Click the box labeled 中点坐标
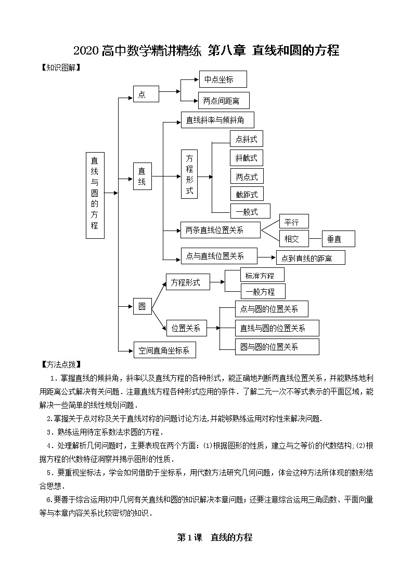point(223,79)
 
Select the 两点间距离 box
point(223,100)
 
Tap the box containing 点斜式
point(246,139)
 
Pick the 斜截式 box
point(246,158)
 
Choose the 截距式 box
point(247,194)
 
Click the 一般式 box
point(250,211)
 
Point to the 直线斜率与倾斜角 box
point(217,120)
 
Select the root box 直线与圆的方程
point(95,195)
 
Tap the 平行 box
point(294,222)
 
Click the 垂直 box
point(338,239)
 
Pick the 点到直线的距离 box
point(310,257)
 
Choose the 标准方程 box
point(262,275)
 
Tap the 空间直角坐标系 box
point(164,350)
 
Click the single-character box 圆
point(142,307)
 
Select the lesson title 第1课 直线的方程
point(214,537)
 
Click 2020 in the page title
point(86,51)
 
